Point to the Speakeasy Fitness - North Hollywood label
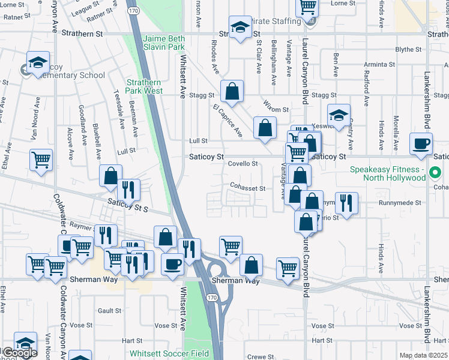click(397, 173)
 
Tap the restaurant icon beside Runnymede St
click(346, 203)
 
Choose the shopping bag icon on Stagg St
click(232, 92)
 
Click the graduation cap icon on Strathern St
click(241, 27)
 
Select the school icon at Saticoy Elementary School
click(37, 62)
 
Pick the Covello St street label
click(243, 163)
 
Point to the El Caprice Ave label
click(227, 119)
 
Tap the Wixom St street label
click(276, 110)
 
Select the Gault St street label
click(110, 311)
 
